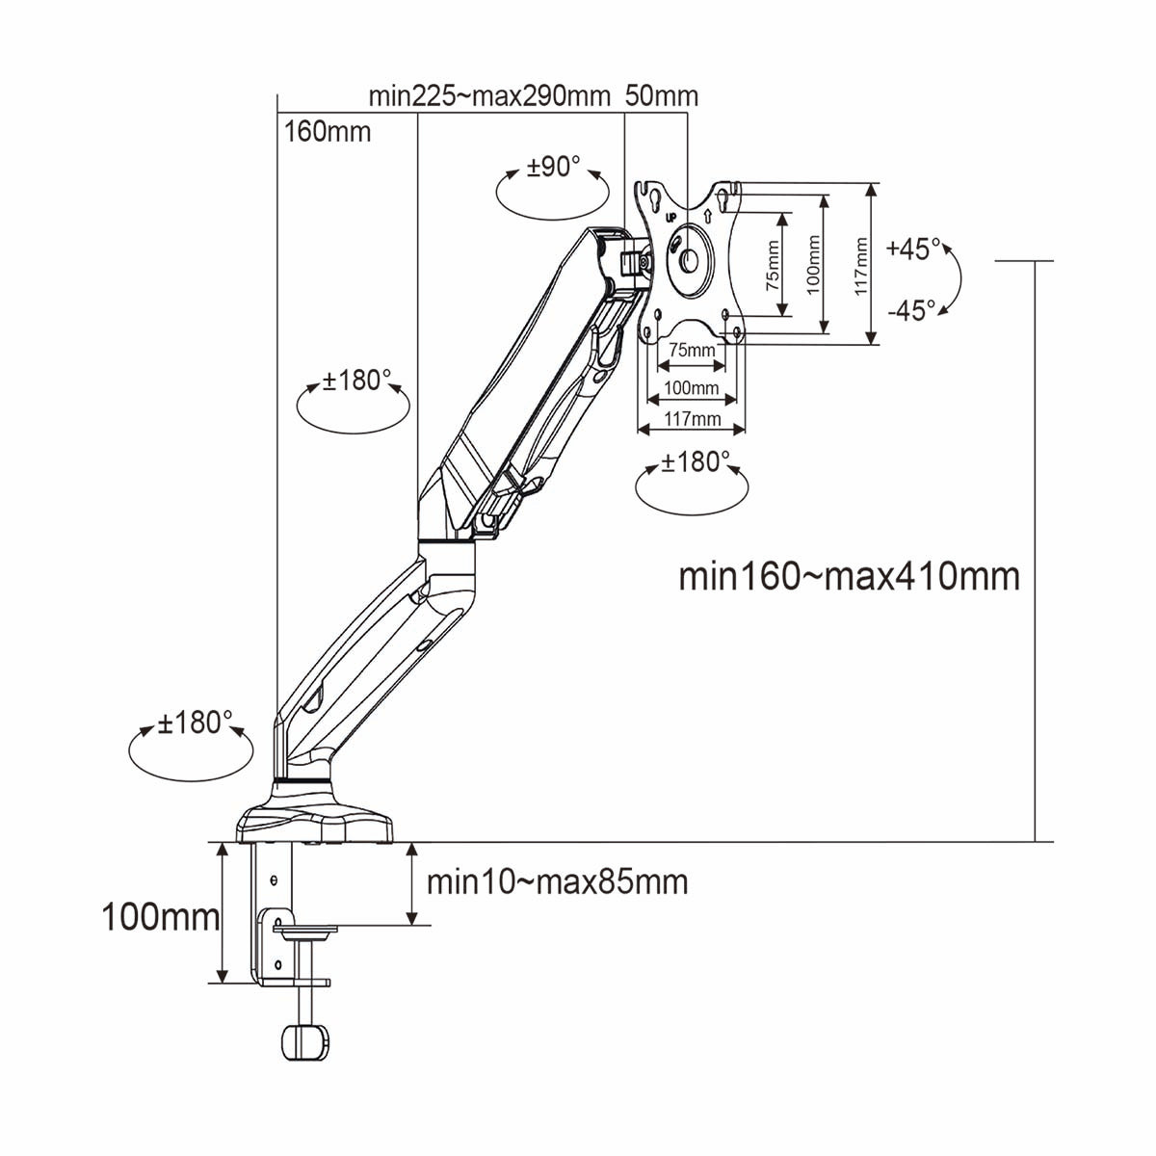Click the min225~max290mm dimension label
489,96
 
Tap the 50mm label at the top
662,96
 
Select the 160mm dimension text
328,132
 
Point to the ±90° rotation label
554,167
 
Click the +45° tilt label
913,249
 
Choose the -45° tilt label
911,310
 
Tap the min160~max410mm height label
849,576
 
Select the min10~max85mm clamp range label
557,881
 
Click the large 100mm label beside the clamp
160,916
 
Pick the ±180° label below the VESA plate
691,462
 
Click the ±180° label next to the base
196,722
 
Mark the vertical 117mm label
861,266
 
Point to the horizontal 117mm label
692,418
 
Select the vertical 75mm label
774,266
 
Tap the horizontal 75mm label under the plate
692,350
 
